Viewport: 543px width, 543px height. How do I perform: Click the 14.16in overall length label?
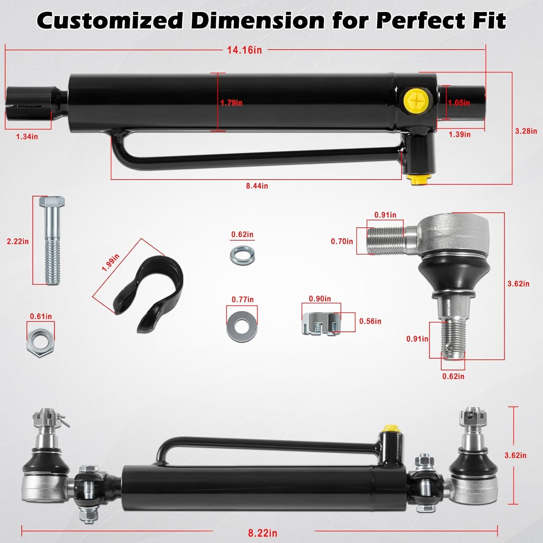[x=244, y=50]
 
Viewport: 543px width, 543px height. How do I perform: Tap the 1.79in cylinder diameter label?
[x=231, y=103]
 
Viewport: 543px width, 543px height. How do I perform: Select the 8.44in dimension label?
[x=257, y=186]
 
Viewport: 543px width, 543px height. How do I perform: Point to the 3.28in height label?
[x=526, y=131]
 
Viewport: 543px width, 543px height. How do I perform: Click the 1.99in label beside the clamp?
[x=110, y=263]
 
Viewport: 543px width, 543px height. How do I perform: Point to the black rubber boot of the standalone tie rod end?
[x=451, y=275]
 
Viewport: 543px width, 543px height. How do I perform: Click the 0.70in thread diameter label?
[x=342, y=241]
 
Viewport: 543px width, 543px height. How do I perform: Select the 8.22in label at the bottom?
[x=262, y=533]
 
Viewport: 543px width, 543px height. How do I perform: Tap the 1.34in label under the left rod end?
[x=27, y=136]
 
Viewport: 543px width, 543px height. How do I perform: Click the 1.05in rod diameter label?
[x=459, y=103]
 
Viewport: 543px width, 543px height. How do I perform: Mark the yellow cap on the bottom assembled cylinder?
[x=390, y=429]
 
